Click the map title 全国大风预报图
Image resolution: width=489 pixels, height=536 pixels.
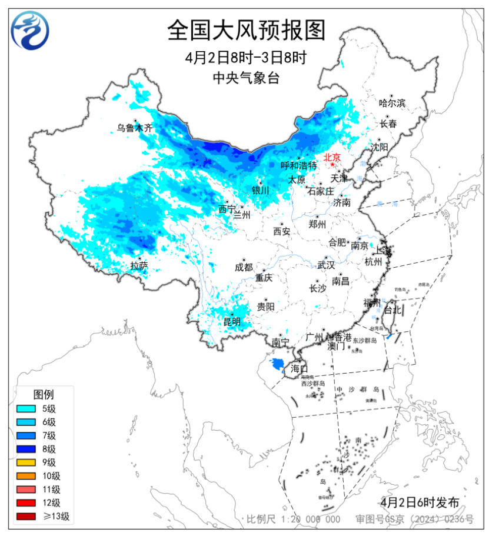point(246,30)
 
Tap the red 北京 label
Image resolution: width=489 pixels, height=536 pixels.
point(332,157)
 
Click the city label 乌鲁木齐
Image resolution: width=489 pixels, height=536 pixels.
point(134,127)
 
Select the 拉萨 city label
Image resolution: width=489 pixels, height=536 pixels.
point(139,266)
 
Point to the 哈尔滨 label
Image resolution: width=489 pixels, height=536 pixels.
point(392,103)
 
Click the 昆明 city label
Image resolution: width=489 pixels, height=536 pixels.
point(232,321)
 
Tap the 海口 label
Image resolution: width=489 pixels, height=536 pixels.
point(299,369)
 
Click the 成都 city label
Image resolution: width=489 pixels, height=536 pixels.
point(243,267)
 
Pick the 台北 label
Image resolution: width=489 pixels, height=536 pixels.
point(392,309)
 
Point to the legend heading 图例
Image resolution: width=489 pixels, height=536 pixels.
point(44,394)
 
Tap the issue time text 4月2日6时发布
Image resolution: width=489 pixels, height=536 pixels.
point(420,502)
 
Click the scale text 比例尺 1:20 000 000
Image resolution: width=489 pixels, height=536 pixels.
point(294,519)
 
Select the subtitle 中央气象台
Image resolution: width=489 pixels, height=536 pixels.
point(246,78)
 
